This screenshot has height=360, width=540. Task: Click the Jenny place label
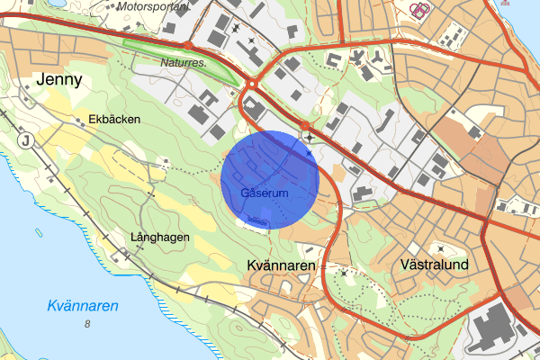pos(59,80)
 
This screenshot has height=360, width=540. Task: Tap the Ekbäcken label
pos(112,119)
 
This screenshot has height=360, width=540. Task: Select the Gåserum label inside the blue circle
pos(265,193)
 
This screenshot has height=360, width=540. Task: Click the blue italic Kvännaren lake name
pos(83,306)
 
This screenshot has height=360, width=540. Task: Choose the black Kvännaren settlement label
pos(281,266)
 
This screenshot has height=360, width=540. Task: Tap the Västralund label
pos(434,266)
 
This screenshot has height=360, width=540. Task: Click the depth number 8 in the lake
pos(87,324)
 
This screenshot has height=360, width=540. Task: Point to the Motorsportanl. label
pos(153,5)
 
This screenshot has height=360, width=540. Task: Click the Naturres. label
pos(184,64)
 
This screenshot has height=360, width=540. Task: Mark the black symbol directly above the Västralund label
pos(440,247)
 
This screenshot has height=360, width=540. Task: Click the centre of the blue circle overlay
pos(270,179)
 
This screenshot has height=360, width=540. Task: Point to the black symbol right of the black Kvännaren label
pos(343,271)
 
